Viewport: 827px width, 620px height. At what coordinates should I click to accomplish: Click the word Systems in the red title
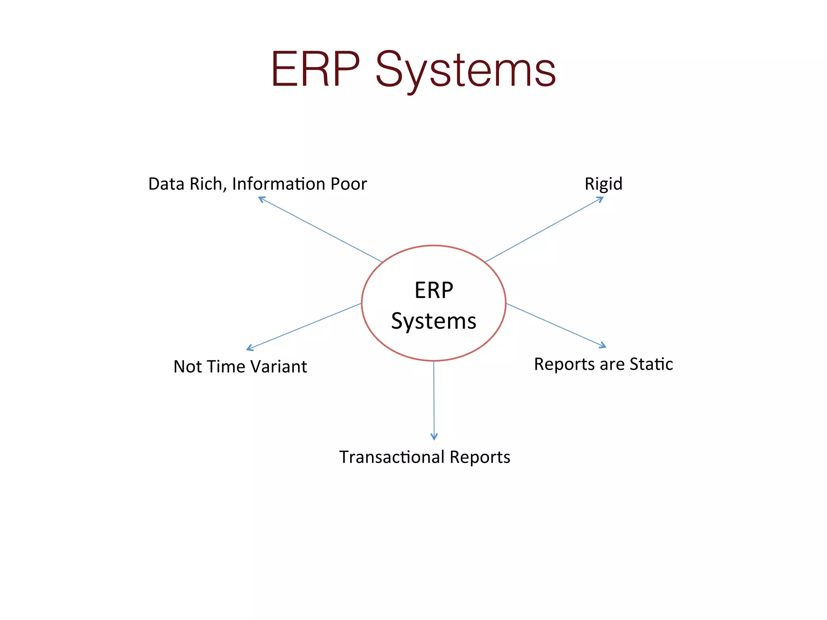tap(466, 71)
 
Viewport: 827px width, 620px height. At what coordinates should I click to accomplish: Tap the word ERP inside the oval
tap(434, 290)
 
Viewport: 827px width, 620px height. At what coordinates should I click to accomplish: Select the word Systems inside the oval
tap(434, 321)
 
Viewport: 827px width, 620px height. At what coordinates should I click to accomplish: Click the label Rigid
tap(603, 184)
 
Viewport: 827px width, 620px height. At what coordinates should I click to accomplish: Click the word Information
tap(279, 184)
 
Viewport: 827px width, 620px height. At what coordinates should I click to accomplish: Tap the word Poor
tap(348, 184)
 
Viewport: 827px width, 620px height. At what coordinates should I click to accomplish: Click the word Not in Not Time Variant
tap(187, 367)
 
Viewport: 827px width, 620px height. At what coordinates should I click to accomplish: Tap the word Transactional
tap(392, 457)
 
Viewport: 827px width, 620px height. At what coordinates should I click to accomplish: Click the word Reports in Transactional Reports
tap(480, 457)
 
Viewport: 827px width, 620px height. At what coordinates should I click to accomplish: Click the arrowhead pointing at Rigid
tap(600, 199)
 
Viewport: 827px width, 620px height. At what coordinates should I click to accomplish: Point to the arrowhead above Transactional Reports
tap(434, 437)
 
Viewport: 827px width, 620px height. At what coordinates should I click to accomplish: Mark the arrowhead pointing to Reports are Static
tap(603, 346)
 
